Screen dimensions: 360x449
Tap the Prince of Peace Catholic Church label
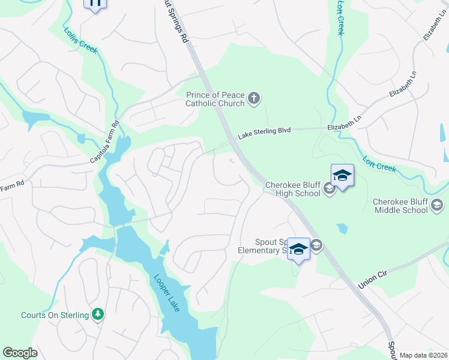(x=215, y=99)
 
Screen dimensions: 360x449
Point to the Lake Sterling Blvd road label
(x=264, y=132)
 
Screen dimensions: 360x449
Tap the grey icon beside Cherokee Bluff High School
(x=329, y=190)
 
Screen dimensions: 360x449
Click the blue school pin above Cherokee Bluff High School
(x=342, y=176)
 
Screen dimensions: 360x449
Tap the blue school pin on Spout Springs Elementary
(x=298, y=249)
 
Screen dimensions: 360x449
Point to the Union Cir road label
(x=371, y=278)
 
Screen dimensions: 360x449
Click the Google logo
(x=20, y=353)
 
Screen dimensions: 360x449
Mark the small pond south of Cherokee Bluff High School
(x=342, y=229)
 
